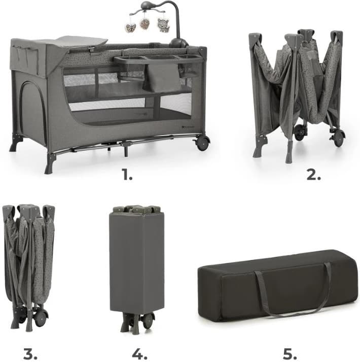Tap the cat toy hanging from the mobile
point(163,25)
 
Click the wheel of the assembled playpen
point(202,143)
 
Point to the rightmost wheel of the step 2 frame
point(338,138)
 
